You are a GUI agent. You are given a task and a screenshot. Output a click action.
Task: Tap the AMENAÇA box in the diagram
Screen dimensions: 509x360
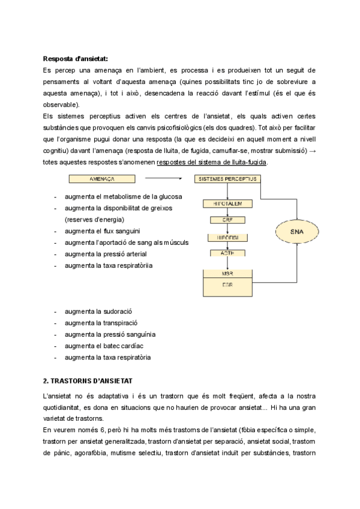tap(101, 179)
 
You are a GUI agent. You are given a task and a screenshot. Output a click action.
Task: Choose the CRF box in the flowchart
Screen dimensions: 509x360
tap(227, 220)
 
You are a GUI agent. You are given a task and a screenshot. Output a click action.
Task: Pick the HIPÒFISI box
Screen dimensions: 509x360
tap(227, 237)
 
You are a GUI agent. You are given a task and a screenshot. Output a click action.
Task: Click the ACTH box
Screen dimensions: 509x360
tap(227, 253)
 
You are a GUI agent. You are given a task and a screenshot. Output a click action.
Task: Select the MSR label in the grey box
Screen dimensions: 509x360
tap(227, 274)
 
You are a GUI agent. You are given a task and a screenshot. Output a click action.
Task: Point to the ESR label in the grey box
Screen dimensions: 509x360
tap(227, 285)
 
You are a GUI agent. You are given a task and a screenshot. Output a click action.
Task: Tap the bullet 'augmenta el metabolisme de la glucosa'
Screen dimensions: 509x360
tap(124, 196)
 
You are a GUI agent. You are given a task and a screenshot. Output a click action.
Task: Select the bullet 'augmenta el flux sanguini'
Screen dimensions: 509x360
tap(103, 230)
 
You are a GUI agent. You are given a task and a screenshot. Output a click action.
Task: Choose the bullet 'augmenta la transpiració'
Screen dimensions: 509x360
tap(101, 323)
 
